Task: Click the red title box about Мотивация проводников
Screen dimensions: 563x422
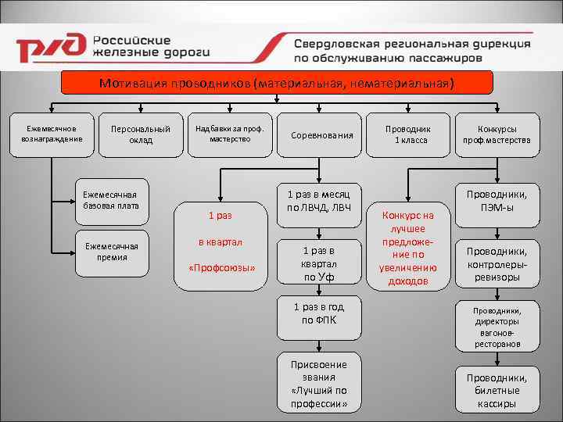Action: pos(277,83)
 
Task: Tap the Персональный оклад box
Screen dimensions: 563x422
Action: pos(130,134)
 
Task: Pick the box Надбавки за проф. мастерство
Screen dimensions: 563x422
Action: pos(230,133)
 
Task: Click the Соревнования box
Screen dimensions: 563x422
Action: pos(321,135)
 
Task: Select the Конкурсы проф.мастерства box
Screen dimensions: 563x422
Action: pos(497,134)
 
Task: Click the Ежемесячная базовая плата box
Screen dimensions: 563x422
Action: pos(110,201)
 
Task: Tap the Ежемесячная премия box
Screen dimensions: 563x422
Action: pos(110,252)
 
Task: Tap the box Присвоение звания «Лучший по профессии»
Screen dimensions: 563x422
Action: pos(319,384)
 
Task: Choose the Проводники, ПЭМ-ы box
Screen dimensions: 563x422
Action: pos(497,202)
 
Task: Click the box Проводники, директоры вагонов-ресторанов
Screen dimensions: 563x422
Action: pos(497,327)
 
